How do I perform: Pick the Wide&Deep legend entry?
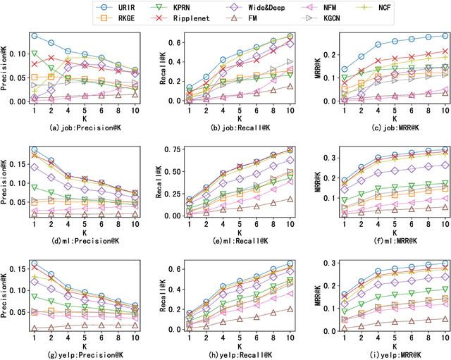(282, 7)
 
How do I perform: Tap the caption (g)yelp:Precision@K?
(84, 352)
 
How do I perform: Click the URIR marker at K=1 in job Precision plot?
(34, 35)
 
